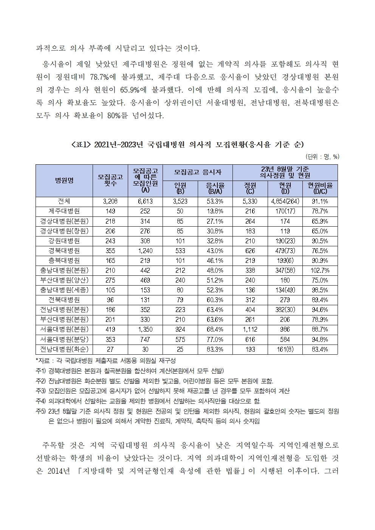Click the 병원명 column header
[64, 181]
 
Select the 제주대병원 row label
[64, 211]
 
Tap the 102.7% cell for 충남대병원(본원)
[320, 270]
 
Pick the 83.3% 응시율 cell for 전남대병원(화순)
[215, 349]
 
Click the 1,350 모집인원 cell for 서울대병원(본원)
[145, 329]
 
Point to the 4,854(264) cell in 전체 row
[285, 201]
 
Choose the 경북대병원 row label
[64, 250]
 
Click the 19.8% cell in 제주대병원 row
[215, 211]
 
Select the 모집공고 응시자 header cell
[198, 172]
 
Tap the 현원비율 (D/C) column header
[320, 188]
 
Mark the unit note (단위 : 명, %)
[322, 157]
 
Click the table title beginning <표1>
[187, 144]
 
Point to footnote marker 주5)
[40, 411]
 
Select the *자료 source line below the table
[106, 361]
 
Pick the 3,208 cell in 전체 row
[110, 201]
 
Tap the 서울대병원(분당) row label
[64, 339]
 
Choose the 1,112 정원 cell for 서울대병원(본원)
[250, 329]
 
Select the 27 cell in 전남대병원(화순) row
[110, 349]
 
